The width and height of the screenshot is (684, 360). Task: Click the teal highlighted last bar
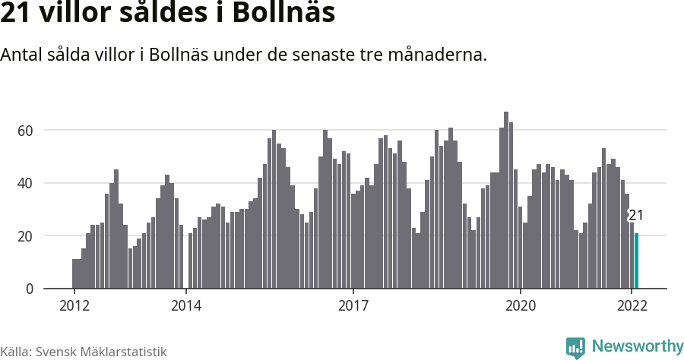637,261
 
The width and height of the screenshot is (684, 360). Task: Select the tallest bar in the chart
506,201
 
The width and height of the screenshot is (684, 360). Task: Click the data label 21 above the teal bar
636,216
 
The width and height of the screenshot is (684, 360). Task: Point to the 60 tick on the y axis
27,131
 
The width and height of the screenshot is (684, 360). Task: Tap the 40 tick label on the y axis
27,183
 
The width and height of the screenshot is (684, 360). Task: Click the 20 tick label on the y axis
27,236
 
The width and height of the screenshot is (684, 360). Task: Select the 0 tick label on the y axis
30,289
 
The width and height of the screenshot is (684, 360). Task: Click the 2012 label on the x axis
74,306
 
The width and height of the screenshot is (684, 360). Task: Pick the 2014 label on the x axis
185,306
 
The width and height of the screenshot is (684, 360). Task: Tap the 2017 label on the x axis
353,306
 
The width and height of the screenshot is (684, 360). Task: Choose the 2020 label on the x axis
521,306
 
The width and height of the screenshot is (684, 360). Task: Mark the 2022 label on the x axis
632,306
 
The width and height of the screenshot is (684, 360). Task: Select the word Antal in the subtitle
22,55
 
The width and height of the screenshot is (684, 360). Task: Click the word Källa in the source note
15,352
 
